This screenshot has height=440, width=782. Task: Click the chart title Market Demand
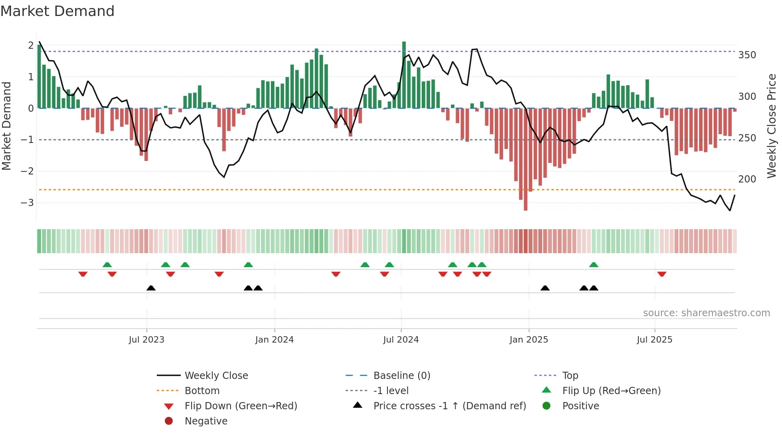coord(57,11)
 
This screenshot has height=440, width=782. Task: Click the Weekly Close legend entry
coord(216,375)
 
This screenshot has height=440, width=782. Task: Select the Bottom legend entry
coord(202,390)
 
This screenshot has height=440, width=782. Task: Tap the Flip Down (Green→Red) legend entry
coord(241,406)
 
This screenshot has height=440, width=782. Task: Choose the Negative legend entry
coord(206,421)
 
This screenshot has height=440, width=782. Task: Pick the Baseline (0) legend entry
coord(401,375)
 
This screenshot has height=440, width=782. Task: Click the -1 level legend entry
coord(391,390)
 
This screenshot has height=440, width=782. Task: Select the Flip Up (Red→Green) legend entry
coord(611,390)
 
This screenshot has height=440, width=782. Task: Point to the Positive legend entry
coord(581,406)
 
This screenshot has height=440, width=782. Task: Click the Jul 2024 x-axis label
coord(401,340)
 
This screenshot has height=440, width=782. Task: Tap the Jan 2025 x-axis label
coord(529,340)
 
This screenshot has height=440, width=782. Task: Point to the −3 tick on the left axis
coord(27,203)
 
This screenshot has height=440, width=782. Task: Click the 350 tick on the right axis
coord(747,55)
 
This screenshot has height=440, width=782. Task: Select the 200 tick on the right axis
coord(747,179)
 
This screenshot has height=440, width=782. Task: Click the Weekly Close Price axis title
coord(772,126)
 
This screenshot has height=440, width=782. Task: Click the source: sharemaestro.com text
coord(706,313)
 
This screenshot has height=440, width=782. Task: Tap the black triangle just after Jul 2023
coord(151,288)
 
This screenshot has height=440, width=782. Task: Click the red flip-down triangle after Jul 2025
coord(662,274)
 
